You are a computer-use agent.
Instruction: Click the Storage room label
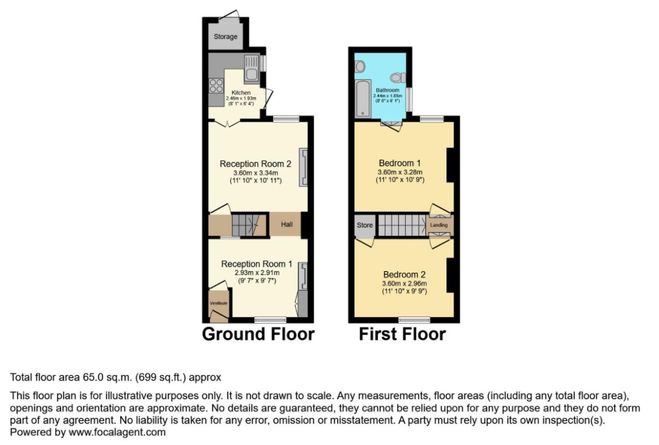(x=225, y=37)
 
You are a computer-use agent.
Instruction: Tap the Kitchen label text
(x=241, y=92)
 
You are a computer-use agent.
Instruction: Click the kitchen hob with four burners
(x=216, y=86)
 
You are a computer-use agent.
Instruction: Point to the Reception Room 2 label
(x=255, y=164)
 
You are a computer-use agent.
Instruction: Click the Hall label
(x=286, y=225)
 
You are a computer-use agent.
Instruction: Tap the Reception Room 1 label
(x=257, y=264)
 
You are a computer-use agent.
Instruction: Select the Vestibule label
(x=219, y=303)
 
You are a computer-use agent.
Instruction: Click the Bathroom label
(x=387, y=90)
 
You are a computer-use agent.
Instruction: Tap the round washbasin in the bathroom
(x=360, y=67)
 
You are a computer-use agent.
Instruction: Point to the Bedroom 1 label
(x=400, y=163)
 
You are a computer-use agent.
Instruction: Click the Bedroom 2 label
(x=404, y=275)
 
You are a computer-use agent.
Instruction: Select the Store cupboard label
(x=365, y=225)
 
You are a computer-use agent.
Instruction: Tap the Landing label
(x=439, y=225)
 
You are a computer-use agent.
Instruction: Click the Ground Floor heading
(x=258, y=334)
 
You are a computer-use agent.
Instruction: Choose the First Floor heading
(x=402, y=334)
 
